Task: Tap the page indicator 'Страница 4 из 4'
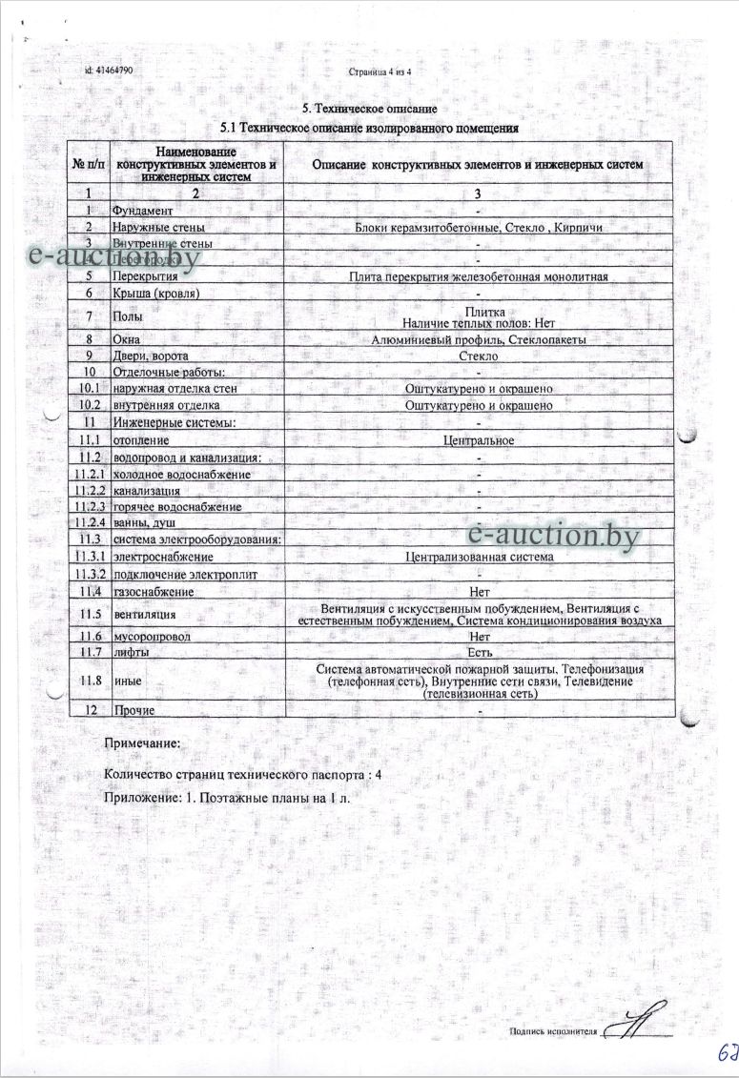387,71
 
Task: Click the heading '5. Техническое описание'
369,110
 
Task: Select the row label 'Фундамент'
143,210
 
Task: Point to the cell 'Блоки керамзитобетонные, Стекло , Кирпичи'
478,227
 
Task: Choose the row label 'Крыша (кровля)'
157,293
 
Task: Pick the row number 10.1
88,389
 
